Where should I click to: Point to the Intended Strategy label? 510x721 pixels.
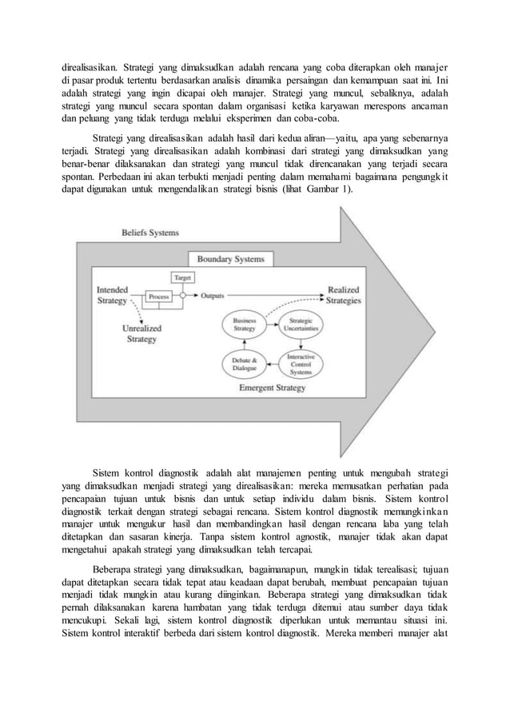pyautogui.click(x=111, y=295)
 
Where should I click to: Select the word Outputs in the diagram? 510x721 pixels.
pyautogui.click(x=212, y=296)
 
